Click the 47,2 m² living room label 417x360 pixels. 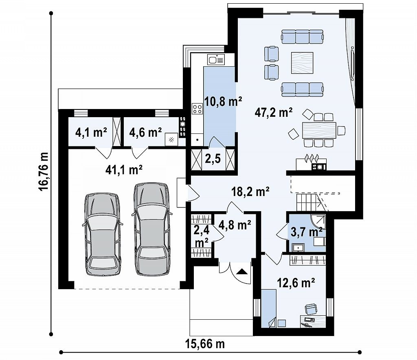274,112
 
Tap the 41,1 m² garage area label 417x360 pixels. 124,170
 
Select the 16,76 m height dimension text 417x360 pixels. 43,171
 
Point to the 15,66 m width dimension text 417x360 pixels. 205,344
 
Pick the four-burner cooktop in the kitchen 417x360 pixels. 198,108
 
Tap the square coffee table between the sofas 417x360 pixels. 302,63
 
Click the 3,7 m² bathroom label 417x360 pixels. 307,232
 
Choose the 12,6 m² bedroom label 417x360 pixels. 296,283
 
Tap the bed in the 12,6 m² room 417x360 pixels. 269,308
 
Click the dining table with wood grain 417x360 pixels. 319,130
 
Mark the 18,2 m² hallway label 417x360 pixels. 250,191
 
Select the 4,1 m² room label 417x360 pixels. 91,132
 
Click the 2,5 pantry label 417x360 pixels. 213,159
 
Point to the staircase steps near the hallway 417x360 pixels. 307,202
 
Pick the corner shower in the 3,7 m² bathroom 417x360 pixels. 318,223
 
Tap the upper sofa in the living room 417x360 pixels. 303,36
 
